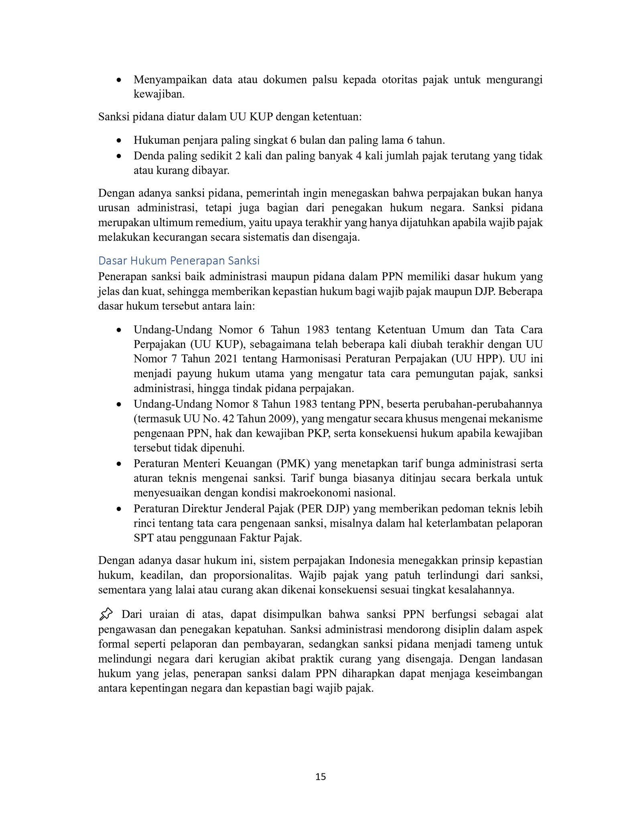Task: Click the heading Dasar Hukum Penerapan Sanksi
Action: pos(179,261)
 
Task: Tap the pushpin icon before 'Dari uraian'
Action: pos(106,614)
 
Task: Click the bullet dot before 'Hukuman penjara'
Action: pos(119,141)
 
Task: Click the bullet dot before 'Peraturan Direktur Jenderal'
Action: pos(119,509)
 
